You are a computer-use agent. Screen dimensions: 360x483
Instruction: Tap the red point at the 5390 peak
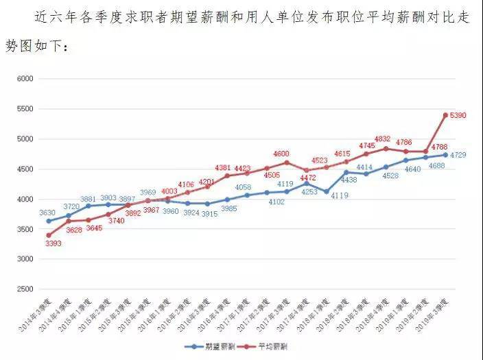coord(445,115)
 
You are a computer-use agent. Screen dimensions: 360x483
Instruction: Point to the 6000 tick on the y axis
coord(25,79)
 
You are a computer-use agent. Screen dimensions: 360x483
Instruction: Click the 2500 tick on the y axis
coord(25,289)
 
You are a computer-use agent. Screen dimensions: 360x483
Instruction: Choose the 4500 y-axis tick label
coord(25,169)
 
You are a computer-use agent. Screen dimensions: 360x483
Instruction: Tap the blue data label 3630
coord(47,213)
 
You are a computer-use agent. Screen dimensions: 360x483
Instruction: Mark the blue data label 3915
coord(209,214)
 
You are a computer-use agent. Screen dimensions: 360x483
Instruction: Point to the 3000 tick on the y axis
coord(25,259)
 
